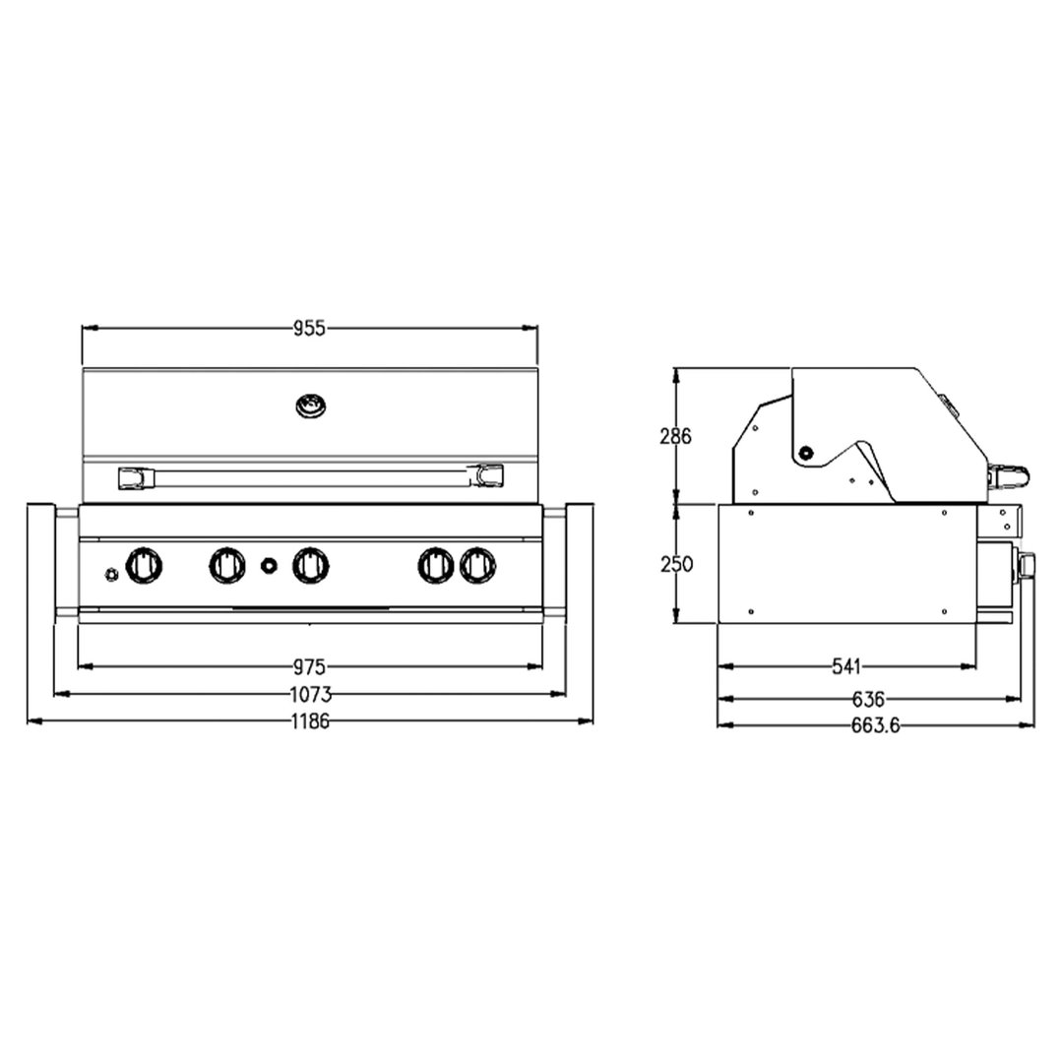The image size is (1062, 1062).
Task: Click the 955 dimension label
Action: point(309,329)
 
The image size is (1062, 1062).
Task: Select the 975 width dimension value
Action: point(309,666)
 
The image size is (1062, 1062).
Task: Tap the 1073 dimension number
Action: point(309,694)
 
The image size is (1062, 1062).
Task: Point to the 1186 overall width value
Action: point(309,721)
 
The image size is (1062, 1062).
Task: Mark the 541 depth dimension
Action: point(845,666)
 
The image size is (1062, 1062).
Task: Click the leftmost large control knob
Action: point(144,564)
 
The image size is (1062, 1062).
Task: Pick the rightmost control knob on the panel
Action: point(477,564)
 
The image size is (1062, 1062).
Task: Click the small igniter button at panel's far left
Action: point(111,573)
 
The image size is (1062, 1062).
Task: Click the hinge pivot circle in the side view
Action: point(806,453)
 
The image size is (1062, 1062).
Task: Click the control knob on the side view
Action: point(1028,565)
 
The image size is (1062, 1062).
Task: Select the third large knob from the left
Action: point(311,564)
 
